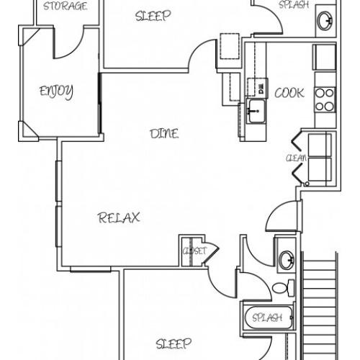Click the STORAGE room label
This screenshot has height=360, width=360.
pos(65,6)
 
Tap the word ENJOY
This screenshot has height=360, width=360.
pos(56,91)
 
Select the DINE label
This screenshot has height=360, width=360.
pos(164,134)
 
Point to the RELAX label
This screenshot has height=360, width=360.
pos(119,217)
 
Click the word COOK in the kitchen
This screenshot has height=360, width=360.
pos(289,93)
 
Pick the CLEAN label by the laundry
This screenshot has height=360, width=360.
pos(296,158)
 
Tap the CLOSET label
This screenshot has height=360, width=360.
pos(194,251)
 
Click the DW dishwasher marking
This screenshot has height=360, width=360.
pos(261,89)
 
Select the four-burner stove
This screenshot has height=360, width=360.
pos(325,99)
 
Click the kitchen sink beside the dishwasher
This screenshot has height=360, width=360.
pos(256,111)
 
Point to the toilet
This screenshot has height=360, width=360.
pos(284,287)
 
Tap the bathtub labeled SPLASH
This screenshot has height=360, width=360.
pos(269,318)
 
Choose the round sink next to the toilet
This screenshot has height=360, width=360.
pos(287,260)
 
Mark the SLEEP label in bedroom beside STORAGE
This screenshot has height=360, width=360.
pos(153,16)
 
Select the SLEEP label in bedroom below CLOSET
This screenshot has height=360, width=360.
pos(174,343)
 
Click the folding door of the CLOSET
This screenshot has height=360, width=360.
pos(211,253)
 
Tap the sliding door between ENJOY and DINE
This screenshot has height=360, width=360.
pos(100,103)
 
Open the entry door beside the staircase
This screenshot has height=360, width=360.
pos(283,216)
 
